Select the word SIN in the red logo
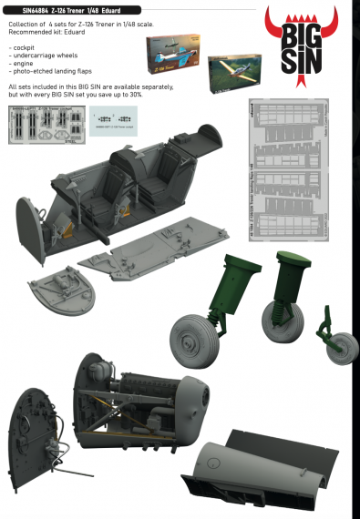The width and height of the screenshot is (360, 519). click(306, 62)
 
